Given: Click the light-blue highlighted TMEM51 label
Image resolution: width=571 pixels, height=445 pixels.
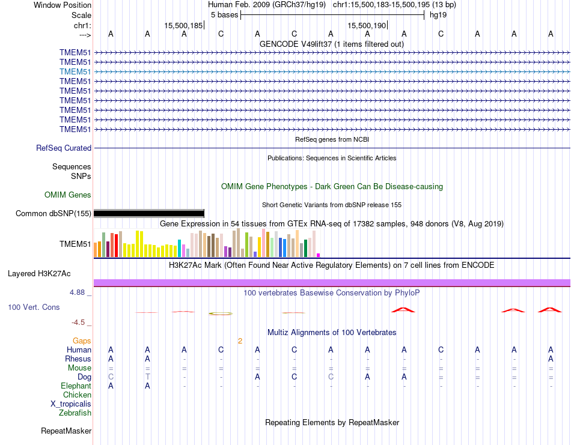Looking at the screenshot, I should pos(75,71).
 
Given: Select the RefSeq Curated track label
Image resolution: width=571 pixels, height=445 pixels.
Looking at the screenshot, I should pos(64,148).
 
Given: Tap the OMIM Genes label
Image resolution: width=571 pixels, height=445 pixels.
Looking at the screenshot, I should pos(68,195).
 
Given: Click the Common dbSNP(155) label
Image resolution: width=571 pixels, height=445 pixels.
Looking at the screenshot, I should pos(53,213).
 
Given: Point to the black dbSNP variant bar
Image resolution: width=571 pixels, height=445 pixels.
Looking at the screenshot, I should pos(149,213).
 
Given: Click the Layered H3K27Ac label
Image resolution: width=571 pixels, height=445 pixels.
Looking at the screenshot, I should pos(39,273).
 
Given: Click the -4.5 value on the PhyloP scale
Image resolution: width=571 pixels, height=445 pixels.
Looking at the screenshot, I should pos(81,322).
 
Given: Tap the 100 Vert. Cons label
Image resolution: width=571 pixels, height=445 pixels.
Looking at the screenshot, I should pos(34,307).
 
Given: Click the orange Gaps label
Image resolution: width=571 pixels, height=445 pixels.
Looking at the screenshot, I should pos(82,341).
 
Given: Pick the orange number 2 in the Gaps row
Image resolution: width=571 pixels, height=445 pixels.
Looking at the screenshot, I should pos(240,341).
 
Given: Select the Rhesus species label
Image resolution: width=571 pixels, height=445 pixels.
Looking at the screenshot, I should pos(78,359).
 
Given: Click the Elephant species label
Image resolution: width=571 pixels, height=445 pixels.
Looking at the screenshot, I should pos(76,386).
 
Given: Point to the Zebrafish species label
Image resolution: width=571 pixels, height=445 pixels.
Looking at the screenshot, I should pos(75,413).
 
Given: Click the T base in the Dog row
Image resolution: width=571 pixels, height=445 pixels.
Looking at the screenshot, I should pos(147,377).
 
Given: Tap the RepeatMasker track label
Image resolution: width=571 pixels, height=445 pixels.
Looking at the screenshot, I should pos(66,431).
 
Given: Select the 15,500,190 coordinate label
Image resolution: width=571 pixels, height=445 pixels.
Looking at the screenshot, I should pos(366,25).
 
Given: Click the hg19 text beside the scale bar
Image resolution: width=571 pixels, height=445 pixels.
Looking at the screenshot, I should pos(438,15).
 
